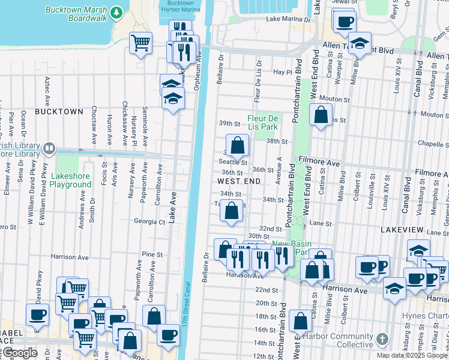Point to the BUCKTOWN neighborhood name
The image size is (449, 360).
[58, 112]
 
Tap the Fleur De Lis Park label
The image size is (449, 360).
[262, 123]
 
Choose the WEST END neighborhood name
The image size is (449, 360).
[238, 181]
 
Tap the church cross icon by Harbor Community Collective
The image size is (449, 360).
[381, 340]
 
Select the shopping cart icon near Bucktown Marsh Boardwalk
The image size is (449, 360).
[140, 43]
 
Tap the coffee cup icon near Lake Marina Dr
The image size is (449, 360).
[344, 22]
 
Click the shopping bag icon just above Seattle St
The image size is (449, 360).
[238, 145]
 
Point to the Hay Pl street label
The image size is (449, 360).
[282, 71]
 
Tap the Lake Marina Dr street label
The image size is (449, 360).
[289, 19]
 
